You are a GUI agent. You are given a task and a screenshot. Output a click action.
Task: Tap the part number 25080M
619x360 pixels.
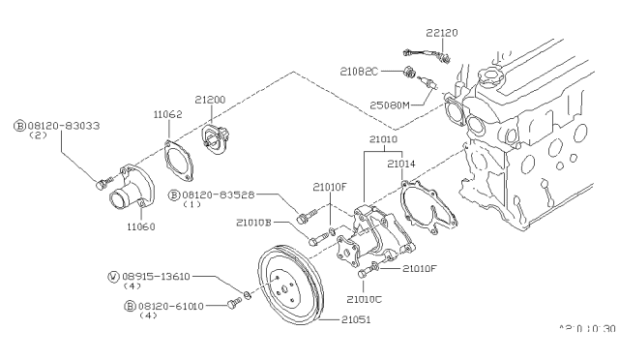point(391,104)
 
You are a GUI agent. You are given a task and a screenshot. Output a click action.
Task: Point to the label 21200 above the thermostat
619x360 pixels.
point(210,101)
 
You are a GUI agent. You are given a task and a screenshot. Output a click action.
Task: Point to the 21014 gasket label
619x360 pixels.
point(402,165)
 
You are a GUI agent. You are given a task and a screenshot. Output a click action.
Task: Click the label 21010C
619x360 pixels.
point(364,298)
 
